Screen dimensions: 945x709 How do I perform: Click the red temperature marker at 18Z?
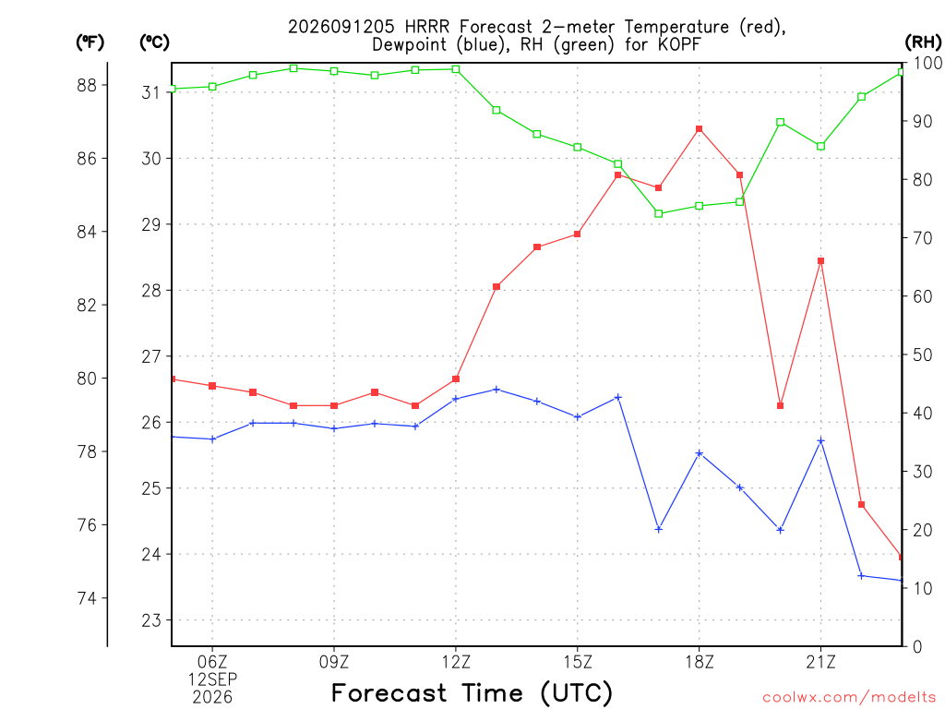click(x=700, y=129)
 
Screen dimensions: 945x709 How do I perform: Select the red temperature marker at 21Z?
click(x=820, y=261)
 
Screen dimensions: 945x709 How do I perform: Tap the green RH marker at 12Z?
click(x=456, y=69)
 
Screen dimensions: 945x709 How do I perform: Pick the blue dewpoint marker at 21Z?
click(x=820, y=440)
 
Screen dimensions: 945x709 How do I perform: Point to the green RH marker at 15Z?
click(x=578, y=147)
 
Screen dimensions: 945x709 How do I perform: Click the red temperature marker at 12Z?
click(x=456, y=379)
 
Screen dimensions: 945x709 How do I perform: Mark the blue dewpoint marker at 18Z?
click(x=700, y=452)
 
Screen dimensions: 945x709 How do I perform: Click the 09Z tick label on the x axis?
click(x=334, y=662)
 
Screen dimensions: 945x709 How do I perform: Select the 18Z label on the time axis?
click(x=700, y=662)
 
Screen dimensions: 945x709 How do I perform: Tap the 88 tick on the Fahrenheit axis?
click(x=87, y=86)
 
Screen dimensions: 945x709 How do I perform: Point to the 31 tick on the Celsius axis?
click(x=151, y=92)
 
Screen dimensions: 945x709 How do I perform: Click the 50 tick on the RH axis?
click(x=920, y=354)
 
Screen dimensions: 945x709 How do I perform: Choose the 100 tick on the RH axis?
click(x=927, y=63)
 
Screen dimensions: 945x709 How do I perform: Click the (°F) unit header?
click(x=90, y=42)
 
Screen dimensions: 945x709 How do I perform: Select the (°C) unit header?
click(x=154, y=42)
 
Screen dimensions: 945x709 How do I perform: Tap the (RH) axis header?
click(x=923, y=42)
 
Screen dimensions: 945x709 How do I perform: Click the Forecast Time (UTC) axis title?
click(x=472, y=692)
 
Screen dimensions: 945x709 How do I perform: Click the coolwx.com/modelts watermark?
click(x=849, y=697)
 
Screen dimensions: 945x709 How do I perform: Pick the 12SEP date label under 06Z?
click(x=213, y=679)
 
